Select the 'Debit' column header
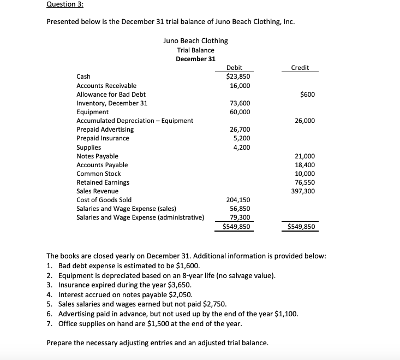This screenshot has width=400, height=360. coord(234,68)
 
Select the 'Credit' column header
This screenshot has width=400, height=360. coord(300,68)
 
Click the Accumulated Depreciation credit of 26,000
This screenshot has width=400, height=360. coord(305,121)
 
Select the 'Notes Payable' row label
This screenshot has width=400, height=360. coord(97,156)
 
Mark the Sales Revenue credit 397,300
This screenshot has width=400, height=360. coord(303,191)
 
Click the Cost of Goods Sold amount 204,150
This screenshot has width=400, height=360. coord(239,200)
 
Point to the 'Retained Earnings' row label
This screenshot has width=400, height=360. coord(103,182)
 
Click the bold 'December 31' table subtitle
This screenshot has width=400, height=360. coord(195,59)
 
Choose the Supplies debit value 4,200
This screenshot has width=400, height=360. coord(242,147)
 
